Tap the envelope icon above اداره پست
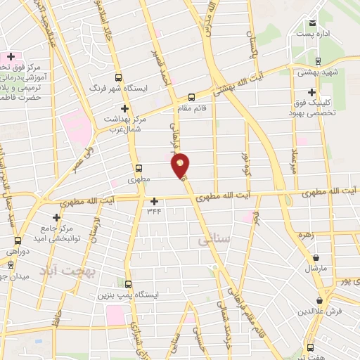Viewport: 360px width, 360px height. click(310, 20)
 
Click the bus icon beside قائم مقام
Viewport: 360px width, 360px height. click(192, 98)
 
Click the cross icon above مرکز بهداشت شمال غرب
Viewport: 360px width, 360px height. click(125, 108)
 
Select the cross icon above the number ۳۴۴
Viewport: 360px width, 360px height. click(155, 200)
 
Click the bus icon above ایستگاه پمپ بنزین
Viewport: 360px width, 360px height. click(128, 284)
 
